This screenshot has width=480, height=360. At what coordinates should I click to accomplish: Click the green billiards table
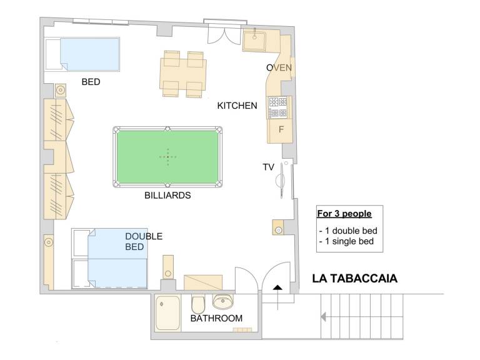[167, 157]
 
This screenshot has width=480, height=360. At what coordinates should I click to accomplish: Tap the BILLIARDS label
[167, 195]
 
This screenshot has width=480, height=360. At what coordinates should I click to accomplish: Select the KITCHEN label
[237, 106]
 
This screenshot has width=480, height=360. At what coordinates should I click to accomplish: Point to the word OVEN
[279, 67]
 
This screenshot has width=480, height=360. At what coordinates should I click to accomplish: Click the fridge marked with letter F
[280, 131]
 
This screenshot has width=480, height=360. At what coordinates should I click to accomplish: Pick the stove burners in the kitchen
[279, 107]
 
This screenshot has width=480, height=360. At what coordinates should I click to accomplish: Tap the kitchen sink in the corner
[255, 40]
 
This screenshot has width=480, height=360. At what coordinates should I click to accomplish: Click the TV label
[268, 167]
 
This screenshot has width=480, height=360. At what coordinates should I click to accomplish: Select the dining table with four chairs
[183, 74]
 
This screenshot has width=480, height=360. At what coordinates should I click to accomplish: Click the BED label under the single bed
[91, 82]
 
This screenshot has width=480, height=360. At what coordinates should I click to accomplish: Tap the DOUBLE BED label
[144, 241]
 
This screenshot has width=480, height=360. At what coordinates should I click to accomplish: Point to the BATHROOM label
[216, 318]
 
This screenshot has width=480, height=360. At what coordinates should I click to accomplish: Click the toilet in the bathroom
[198, 304]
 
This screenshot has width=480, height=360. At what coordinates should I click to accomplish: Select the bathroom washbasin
[223, 301]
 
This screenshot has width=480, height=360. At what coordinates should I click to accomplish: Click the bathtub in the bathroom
[167, 313]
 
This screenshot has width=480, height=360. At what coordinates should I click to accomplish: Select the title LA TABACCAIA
[355, 279]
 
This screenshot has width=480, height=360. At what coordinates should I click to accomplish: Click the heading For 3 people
[344, 214]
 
